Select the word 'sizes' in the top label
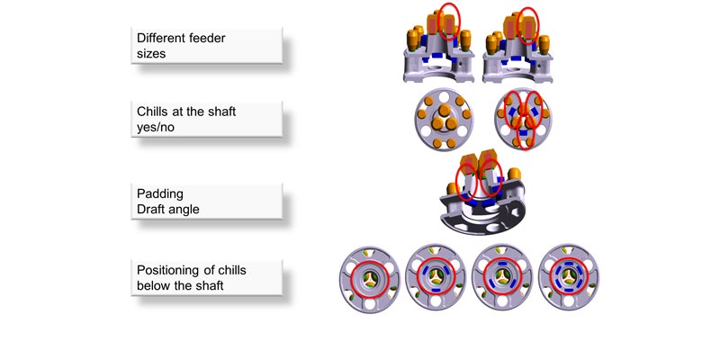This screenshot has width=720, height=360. pos(151,53)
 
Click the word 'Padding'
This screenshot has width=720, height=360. pos(160,194)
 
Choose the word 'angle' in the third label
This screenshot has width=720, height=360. pos(184,210)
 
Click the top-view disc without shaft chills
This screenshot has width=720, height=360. pos(444,119)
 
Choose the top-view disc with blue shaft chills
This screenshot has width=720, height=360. pos(523,119)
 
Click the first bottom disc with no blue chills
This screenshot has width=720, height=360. pos(370,279)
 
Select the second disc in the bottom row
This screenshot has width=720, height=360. pos(436,277)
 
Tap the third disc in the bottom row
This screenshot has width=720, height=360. pos(502,277)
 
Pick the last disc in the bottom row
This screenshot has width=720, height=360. pos(569,277)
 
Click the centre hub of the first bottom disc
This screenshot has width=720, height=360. pos(370,279)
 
